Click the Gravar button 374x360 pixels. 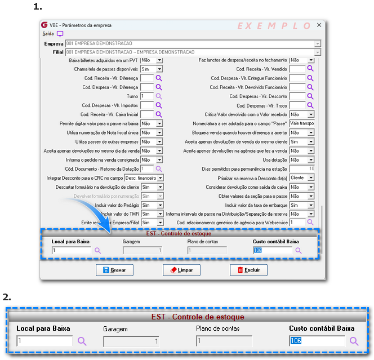[114, 270]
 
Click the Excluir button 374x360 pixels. [248, 270]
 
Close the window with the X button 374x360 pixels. [319, 25]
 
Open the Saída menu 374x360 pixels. [48, 34]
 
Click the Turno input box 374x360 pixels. [146, 96]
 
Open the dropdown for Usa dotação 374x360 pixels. [311, 160]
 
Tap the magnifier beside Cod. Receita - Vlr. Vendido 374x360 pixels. [310, 69]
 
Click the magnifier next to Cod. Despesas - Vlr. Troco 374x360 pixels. [310, 105]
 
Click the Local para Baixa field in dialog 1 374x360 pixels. [70, 250]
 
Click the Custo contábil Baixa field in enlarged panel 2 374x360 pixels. [317, 341]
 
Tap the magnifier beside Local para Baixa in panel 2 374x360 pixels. [82, 341]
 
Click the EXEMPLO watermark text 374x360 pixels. [274, 26]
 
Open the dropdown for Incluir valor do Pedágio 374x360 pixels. [159, 205]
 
